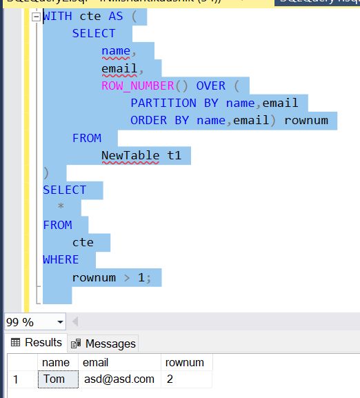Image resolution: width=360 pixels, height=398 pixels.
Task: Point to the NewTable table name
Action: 131,155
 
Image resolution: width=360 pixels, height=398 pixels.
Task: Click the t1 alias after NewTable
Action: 174,155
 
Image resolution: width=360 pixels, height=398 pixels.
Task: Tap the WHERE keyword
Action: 61,259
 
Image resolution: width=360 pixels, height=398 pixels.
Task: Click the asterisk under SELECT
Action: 61,207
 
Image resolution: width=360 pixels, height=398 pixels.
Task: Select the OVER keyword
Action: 211,86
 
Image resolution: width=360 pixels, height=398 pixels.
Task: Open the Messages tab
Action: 103,343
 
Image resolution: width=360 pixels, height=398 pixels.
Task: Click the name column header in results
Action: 56,362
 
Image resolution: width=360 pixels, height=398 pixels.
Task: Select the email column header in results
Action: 95,362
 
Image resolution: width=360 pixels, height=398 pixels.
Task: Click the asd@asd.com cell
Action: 119,379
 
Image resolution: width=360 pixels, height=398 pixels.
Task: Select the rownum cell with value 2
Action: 170,379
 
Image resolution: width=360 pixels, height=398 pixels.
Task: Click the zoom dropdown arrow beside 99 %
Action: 61,321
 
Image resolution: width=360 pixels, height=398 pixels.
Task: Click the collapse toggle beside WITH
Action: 37,17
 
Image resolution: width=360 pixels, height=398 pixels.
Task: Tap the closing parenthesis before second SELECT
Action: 46,172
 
